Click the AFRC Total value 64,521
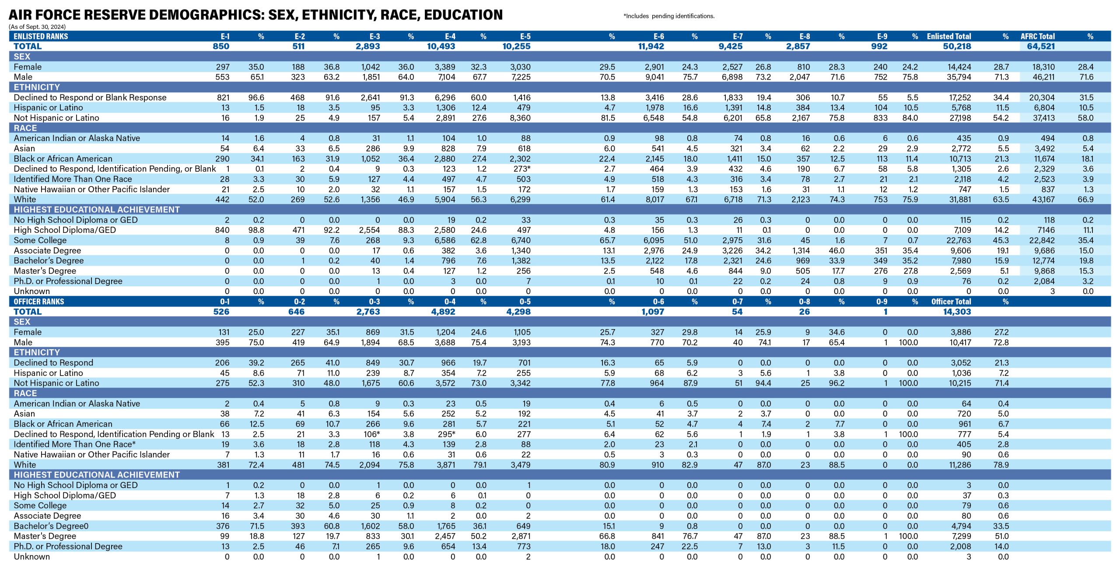pyautogui.click(x=1041, y=46)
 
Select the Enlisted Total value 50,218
pyautogui.click(x=957, y=46)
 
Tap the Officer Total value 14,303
pyautogui.click(x=957, y=312)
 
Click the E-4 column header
pyautogui.click(x=450, y=36)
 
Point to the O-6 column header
pyautogui.click(x=658, y=302)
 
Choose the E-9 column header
pyautogui.click(x=882, y=36)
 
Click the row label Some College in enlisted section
pyautogui.click(x=40, y=240)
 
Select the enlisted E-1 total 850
pyautogui.click(x=221, y=46)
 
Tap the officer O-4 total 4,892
pyautogui.click(x=441, y=312)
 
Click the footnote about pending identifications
pyautogui.click(x=669, y=16)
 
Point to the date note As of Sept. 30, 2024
pyautogui.click(x=37, y=27)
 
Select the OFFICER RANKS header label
pyautogui.click(x=39, y=302)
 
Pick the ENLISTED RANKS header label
pyautogui.click(x=41, y=36)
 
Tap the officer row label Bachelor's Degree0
pyautogui.click(x=51, y=526)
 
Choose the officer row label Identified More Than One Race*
pyautogui.click(x=75, y=444)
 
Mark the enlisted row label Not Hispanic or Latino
pyautogui.click(x=56, y=118)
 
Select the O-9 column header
pyautogui.click(x=882, y=302)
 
